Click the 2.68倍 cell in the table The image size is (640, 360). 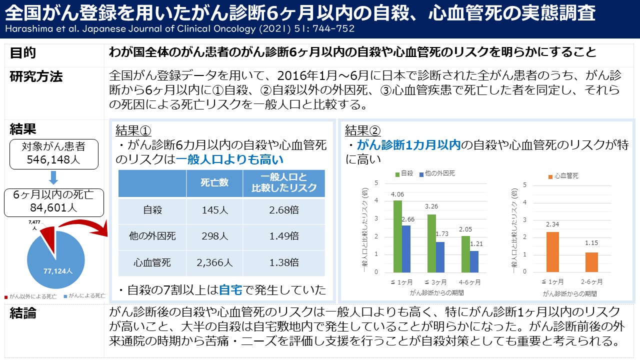[x=283, y=210]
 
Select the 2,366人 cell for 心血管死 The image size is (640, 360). [x=214, y=262]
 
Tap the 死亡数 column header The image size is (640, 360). [x=214, y=183]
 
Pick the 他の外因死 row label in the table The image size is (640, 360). [x=152, y=236]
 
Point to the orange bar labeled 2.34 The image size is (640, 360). [x=552, y=251]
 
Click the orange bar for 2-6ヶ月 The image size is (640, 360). [x=591, y=262]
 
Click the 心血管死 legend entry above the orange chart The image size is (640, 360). [x=563, y=176]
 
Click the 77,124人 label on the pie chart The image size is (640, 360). [x=57, y=271]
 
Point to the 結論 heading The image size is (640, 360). [x=23, y=314]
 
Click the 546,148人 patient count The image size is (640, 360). [x=53, y=160]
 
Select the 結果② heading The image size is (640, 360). [x=362, y=130]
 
